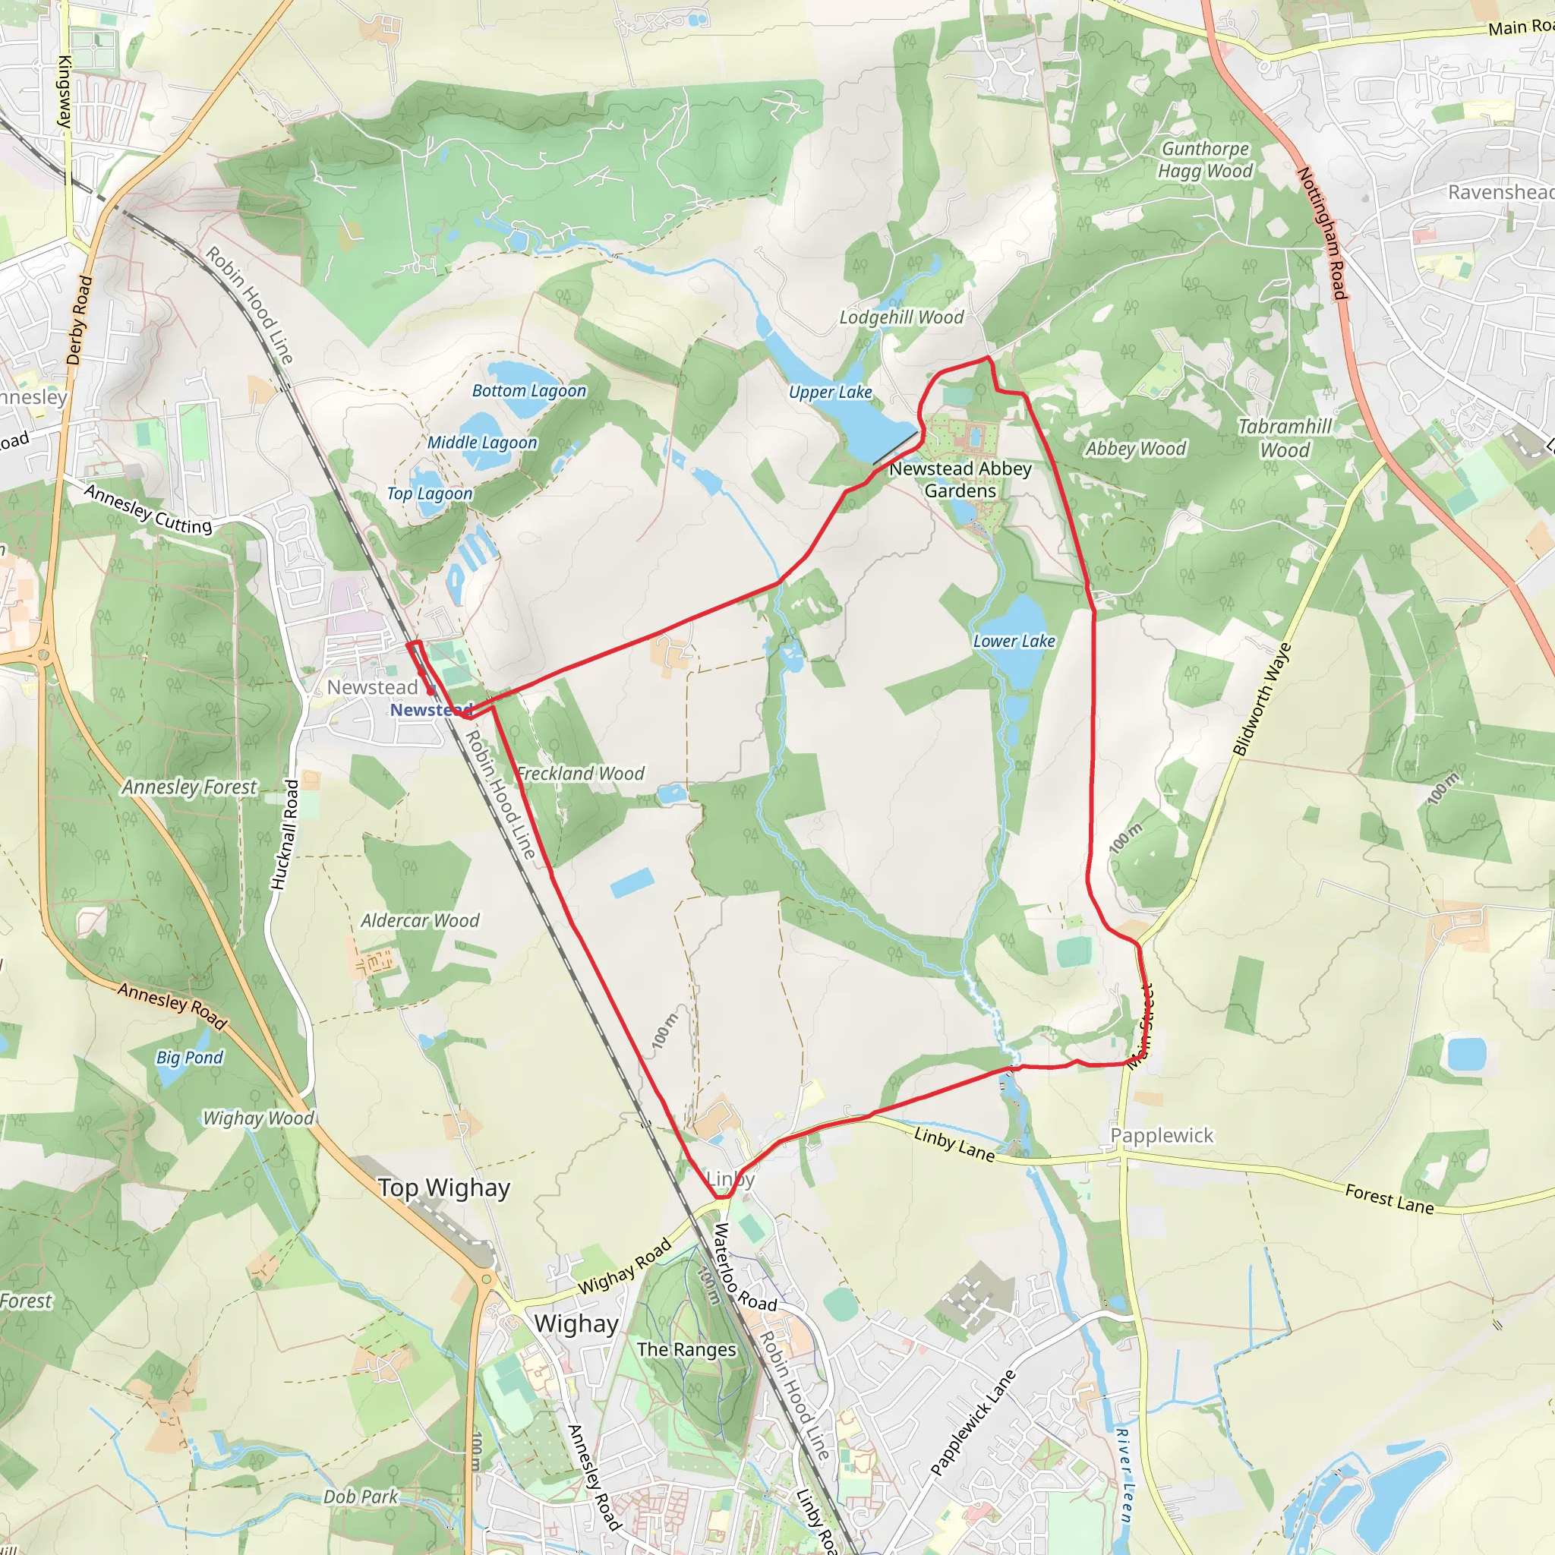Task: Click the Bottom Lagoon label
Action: click(x=528, y=391)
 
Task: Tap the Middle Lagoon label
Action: click(x=481, y=443)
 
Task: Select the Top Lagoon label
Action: click(x=430, y=494)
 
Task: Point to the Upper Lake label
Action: click(x=830, y=393)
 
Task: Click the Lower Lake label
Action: click(x=1014, y=642)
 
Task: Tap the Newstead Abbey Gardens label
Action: click(x=960, y=480)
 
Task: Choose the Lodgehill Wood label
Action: click(x=901, y=318)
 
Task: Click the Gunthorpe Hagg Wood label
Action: click(x=1205, y=160)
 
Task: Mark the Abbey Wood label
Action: click(x=1135, y=449)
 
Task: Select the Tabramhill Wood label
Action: click(x=1285, y=439)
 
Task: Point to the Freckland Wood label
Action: click(x=580, y=774)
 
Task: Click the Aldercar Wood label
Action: click(x=419, y=921)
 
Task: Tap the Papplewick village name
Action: click(x=1162, y=1136)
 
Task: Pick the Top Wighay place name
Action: click(x=444, y=1188)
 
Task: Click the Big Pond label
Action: click(x=189, y=1058)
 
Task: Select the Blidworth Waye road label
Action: click(x=1261, y=700)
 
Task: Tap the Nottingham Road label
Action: click(x=1321, y=234)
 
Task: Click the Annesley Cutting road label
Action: click(x=148, y=509)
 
